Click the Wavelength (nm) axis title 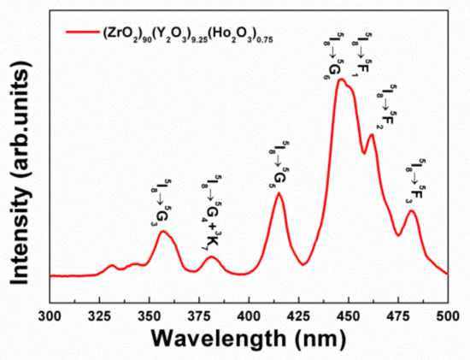click(249, 339)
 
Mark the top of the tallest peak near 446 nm click(341, 80)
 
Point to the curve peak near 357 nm click(164, 232)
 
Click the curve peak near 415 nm click(279, 194)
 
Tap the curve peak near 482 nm click(411, 210)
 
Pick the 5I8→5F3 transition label click(417, 182)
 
